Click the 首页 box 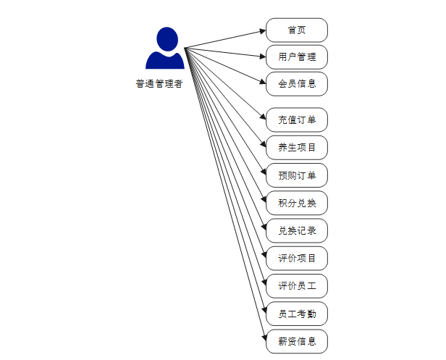(x=297, y=30)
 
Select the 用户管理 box (x=297, y=56)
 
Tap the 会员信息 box (x=297, y=83)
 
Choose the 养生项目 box (x=297, y=148)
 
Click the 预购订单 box (x=297, y=175)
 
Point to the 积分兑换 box (x=297, y=203)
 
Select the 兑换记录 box (x=297, y=231)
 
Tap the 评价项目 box (x=297, y=259)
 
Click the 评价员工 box (x=297, y=286)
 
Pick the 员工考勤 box (x=297, y=314)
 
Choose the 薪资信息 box (x=297, y=341)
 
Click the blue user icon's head (x=166, y=38)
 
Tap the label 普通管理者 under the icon (x=159, y=83)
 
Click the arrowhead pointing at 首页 (x=262, y=31)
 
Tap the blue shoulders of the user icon (x=165, y=61)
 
